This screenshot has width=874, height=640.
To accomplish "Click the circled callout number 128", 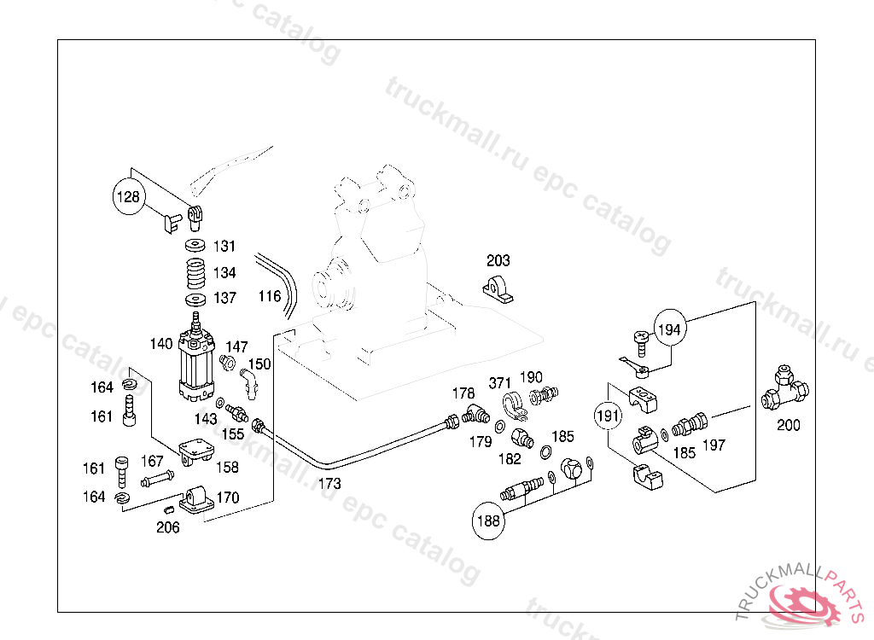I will tap(127, 198).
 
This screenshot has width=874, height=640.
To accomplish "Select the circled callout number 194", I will tap(670, 329).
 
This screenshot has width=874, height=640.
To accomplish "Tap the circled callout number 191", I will tap(608, 416).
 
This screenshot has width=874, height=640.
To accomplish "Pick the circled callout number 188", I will tap(488, 520).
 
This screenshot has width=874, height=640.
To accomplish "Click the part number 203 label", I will tap(498, 260).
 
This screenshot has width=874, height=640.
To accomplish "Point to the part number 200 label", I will tap(789, 424).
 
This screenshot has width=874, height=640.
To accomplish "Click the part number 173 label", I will tap(329, 483).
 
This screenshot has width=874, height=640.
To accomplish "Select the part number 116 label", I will tap(270, 296).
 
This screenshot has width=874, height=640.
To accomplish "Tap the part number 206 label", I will tap(168, 527).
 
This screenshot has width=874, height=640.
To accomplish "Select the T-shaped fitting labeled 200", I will tap(784, 388).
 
